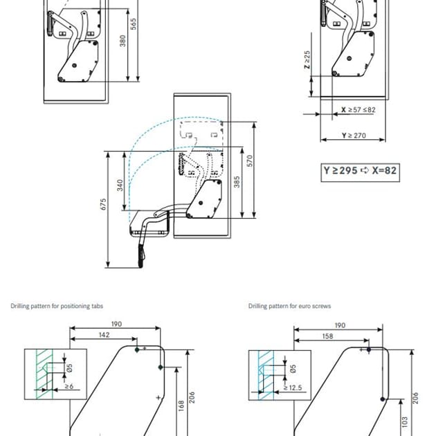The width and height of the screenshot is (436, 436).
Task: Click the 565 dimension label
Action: click(134, 24)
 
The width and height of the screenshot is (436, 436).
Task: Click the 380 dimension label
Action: click(122, 41)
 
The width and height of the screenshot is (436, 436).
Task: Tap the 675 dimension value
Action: click(103, 204)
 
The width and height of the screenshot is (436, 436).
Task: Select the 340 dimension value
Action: click(120, 185)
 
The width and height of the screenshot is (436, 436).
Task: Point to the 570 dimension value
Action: click(250, 161)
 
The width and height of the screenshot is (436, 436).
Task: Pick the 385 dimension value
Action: click(237, 182)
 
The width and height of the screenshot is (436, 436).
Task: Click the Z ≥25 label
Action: click(307, 60)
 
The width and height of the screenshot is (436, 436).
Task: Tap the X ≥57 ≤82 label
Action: click(358, 110)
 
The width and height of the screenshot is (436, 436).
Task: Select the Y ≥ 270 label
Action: click(354, 136)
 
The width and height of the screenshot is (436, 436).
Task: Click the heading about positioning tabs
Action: click(57, 306)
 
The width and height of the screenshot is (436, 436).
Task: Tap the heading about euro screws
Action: click(290, 306)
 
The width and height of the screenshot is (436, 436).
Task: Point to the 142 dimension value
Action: click(104, 335)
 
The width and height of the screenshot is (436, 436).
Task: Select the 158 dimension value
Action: click(327, 336)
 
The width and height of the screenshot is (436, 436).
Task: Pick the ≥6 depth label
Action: click(69, 386)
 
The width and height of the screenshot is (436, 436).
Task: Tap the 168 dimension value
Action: click(181, 406)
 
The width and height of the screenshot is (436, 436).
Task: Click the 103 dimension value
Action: click(405, 422)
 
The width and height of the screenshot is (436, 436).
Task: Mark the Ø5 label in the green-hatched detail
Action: click(69, 367)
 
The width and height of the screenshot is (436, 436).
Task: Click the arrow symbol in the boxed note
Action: click(365, 170)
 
